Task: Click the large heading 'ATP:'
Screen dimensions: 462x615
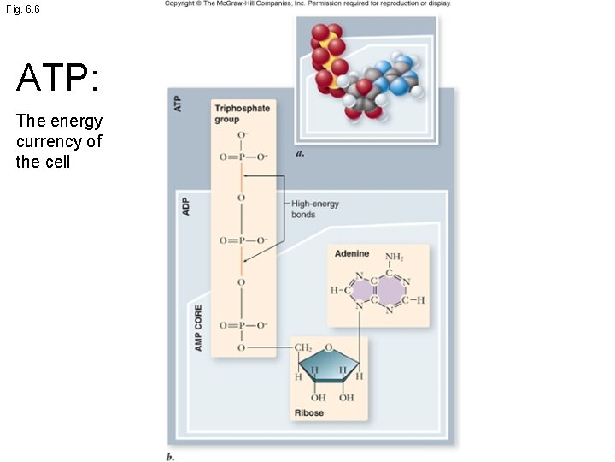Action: (58, 79)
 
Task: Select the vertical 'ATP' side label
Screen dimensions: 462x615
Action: (178, 104)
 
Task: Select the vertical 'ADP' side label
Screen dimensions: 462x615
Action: (185, 207)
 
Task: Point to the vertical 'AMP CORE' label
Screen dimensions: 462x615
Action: (198, 327)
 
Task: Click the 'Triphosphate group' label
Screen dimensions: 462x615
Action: (242, 114)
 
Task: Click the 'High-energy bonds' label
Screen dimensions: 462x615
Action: (314, 209)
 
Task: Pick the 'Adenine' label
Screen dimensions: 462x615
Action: (351, 254)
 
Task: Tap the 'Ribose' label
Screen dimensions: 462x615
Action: (308, 413)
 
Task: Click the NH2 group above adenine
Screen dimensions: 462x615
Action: (394, 257)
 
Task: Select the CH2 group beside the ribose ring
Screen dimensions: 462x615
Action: (303, 348)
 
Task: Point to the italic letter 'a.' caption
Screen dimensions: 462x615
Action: (300, 154)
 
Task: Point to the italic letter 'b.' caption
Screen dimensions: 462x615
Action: (171, 457)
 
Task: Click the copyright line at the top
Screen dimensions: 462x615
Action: (307, 4)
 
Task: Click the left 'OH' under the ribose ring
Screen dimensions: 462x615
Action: (318, 398)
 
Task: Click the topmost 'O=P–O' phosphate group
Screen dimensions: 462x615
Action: (243, 157)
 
